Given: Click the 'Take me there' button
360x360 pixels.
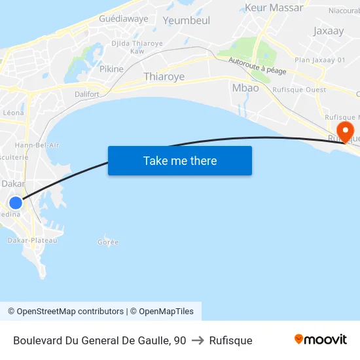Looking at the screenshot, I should [x=179, y=160].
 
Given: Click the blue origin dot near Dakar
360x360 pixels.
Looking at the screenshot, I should [x=15, y=202].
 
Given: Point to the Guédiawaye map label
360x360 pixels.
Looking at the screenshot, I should [x=124, y=18].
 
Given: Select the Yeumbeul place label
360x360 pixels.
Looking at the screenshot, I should [x=187, y=20].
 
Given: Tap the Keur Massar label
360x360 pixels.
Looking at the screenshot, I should [x=274, y=8].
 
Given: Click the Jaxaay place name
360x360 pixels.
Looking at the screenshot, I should [x=328, y=31].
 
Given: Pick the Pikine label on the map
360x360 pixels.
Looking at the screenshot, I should [x=111, y=69].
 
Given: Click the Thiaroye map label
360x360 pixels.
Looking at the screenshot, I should [x=164, y=77].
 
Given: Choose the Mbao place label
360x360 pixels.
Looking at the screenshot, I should [x=245, y=88].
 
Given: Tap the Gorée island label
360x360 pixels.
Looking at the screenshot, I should [x=108, y=242].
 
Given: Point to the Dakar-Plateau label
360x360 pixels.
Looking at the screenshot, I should [x=32, y=240].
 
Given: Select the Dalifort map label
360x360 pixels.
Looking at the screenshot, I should [x=86, y=94].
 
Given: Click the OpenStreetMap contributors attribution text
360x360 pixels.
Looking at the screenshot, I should [x=69, y=312].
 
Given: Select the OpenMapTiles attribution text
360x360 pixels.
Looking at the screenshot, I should [x=166, y=312].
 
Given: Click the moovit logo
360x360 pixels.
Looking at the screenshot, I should [x=320, y=340].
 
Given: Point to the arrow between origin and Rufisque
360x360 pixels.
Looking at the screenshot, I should [x=198, y=340].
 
